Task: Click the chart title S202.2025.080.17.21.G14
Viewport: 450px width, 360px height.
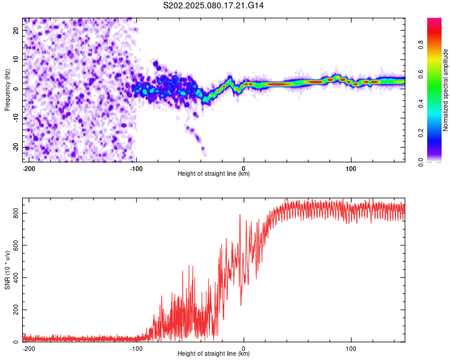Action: click(213, 5)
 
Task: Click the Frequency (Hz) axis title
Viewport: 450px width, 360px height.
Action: click(7, 90)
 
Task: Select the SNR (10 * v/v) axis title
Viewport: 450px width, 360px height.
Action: click(7, 270)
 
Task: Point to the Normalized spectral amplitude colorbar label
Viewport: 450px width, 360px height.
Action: click(445, 90)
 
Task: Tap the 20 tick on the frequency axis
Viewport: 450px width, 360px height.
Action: click(16, 30)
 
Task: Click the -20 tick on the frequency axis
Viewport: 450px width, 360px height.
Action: click(16, 147)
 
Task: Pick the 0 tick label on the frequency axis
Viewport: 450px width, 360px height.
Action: click(16, 89)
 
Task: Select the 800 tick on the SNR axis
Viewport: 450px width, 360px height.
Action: click(16, 214)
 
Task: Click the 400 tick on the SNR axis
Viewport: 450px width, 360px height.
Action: click(16, 278)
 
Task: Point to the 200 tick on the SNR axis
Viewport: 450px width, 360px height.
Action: click(16, 310)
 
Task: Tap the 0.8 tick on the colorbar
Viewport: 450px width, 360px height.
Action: click(421, 45)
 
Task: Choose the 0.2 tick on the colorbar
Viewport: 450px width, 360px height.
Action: click(421, 133)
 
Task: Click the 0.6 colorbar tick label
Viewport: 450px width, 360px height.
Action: click(421, 74)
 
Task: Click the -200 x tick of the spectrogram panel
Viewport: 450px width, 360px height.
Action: click(29, 169)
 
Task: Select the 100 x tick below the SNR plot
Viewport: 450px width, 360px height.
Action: click(351, 349)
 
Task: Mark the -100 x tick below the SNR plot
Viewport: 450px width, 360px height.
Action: click(136, 349)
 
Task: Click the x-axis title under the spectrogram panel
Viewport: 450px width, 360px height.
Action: click(214, 173)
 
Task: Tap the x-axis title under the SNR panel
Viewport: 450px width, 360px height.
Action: click(214, 353)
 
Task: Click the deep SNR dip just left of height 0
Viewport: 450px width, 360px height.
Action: click(241, 304)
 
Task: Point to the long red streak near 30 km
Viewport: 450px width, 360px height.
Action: click(278, 84)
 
